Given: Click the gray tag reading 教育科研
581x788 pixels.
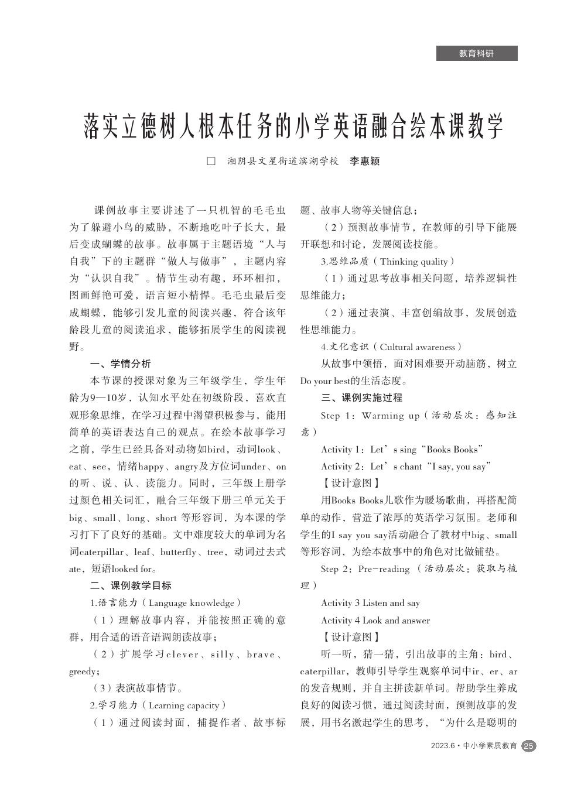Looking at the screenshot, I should point(477,53).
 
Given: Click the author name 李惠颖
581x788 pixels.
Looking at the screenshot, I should point(365,161).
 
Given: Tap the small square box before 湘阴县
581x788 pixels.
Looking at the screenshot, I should point(211,161).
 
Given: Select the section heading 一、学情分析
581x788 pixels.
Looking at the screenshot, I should point(120,364).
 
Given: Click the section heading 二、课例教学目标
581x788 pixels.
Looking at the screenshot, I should point(131,585).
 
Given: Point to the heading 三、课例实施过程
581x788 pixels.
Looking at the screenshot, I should point(361,398).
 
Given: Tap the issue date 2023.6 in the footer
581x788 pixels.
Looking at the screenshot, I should point(443,746).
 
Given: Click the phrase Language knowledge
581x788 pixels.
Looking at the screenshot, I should point(192,603).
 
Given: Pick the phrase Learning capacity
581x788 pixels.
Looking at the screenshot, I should point(184,705).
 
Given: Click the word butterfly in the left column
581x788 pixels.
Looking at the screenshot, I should point(178,551).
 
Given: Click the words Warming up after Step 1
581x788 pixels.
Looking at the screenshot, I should point(391,416).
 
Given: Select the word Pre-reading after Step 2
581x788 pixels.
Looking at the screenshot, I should point(384,568).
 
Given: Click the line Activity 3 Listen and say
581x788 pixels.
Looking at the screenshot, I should point(370,603).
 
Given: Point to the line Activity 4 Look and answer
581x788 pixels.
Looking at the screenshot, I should point(375,621).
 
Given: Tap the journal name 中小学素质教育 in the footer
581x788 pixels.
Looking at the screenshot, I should point(490,746).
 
